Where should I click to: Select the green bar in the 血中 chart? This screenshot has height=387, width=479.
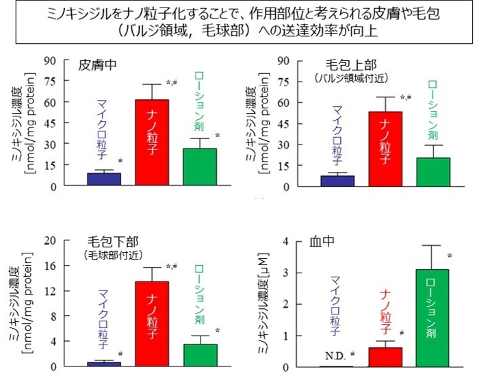(433, 318)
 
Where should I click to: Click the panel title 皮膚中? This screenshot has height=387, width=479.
(98, 65)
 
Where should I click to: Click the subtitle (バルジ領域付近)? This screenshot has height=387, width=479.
(345, 78)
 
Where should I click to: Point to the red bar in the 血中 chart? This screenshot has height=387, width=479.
(385, 357)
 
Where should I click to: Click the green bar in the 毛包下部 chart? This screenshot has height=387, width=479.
(200, 355)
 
